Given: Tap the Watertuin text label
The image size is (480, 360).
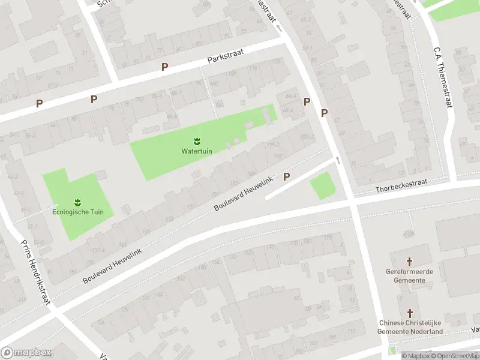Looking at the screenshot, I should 196,151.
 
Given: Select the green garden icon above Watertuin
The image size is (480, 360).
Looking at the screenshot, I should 196,141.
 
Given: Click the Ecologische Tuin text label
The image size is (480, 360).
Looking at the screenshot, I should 78,212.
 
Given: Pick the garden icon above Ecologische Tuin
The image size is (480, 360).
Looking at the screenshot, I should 77,202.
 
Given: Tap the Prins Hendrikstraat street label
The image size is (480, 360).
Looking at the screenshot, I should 34,272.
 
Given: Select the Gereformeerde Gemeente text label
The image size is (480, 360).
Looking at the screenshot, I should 410,275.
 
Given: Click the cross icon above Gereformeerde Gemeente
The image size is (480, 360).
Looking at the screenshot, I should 410,262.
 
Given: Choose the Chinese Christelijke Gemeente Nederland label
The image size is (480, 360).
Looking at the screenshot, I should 410,327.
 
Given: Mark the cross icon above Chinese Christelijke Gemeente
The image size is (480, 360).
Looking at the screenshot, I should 410,313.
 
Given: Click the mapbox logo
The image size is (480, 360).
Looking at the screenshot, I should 26,353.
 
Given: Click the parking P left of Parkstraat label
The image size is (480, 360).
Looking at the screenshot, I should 164,67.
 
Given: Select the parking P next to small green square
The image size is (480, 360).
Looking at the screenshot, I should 287,176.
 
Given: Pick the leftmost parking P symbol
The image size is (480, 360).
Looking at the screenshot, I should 39,103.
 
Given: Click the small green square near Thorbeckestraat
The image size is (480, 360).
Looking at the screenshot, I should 322,185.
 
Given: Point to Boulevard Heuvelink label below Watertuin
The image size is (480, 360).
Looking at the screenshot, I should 244,193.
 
